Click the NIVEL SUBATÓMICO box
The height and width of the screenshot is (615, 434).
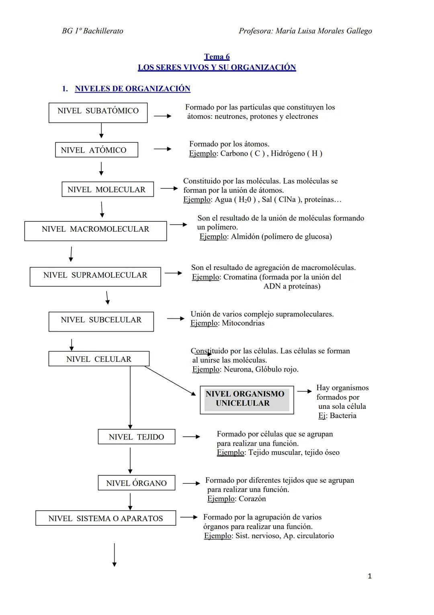pyautogui.click(x=98, y=112)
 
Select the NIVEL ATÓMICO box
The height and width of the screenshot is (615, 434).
pyautogui.click(x=96, y=150)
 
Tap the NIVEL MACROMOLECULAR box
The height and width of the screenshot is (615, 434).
pyautogui.click(x=95, y=231)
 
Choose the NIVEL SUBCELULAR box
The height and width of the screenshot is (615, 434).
pyautogui.click(x=101, y=321)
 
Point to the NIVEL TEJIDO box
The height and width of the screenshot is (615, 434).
pyautogui.click(x=136, y=437)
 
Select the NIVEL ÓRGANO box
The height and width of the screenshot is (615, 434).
pyautogui.click(x=136, y=483)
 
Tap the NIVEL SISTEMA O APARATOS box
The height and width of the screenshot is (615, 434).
pyautogui.click(x=105, y=518)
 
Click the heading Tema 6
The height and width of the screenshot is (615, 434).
pyautogui.click(x=217, y=57)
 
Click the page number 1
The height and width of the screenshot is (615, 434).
pyautogui.click(x=370, y=576)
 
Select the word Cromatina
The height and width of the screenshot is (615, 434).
pyautogui.click(x=240, y=277)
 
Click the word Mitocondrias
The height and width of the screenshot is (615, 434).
pyautogui.click(x=243, y=323)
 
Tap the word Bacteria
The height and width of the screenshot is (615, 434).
pyautogui.click(x=343, y=416)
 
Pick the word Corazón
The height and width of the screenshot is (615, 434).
pyautogui.click(x=252, y=499)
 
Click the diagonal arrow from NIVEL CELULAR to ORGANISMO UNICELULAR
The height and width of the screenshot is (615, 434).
pyautogui.click(x=170, y=381)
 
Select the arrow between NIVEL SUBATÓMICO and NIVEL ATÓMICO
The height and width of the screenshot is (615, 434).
pyautogui.click(x=101, y=130)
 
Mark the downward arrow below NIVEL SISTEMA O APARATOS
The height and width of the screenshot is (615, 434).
pyautogui.click(x=115, y=555)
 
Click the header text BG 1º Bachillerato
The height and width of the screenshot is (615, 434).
pyautogui.click(x=92, y=31)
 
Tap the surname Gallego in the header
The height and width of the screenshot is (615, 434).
pyautogui.click(x=359, y=31)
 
